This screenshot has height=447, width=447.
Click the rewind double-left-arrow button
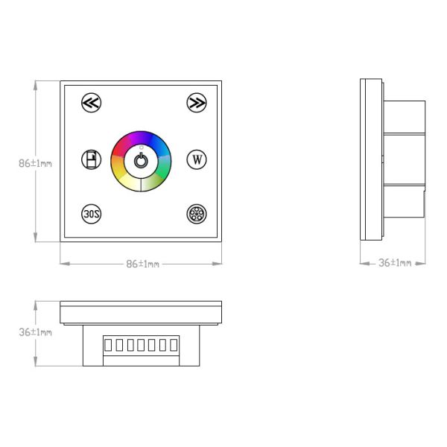click(x=91, y=103)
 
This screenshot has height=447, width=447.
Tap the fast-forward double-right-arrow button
click(x=197, y=103)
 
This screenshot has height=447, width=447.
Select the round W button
click(x=197, y=159)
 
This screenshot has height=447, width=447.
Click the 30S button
click(x=91, y=214)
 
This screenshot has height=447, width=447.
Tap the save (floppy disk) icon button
click(x=91, y=159)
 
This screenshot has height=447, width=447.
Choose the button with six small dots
click(x=197, y=214)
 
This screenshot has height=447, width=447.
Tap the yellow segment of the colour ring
click(x=118, y=171)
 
